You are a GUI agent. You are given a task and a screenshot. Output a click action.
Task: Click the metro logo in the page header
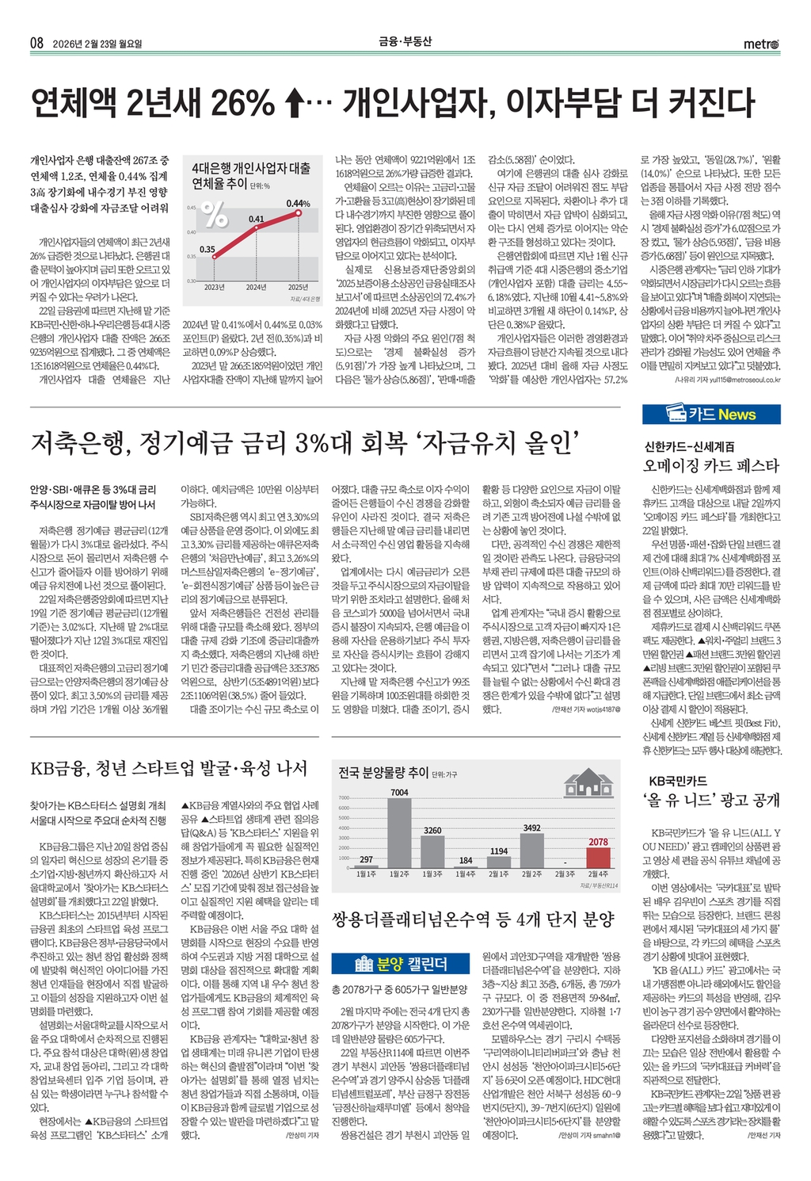point(761,44)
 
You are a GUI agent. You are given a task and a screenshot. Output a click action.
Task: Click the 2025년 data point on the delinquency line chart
point(299,212)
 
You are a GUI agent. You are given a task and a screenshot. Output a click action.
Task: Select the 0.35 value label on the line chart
point(207,249)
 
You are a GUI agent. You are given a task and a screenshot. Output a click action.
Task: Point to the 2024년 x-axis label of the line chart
point(256,287)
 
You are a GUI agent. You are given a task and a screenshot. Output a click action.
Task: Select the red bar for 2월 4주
point(598,858)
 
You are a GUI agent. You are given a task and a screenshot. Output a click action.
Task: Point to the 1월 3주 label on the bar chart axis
point(432,873)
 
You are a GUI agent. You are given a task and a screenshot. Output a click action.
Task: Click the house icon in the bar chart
point(587,782)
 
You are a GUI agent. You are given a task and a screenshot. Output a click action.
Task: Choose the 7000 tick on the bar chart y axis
point(344,797)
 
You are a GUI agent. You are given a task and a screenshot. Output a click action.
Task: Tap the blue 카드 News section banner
point(711,414)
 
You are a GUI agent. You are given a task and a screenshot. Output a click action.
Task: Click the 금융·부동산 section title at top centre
point(405,42)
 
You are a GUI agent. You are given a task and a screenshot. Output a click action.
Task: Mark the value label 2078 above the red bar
point(598,842)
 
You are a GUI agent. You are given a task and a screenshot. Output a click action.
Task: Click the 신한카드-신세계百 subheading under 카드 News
point(689,447)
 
